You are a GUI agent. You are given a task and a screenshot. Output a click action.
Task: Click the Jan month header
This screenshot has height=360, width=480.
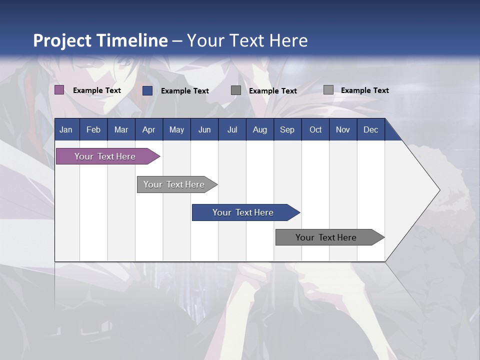pos(66,130)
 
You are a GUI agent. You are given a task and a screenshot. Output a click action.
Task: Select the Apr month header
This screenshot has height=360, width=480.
pos(149,130)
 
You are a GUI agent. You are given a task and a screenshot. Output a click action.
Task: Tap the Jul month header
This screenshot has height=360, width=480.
pos(232,130)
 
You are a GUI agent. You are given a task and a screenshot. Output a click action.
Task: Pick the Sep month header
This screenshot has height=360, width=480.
pos(287,130)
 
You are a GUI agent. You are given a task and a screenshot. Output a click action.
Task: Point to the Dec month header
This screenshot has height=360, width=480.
pos(370,130)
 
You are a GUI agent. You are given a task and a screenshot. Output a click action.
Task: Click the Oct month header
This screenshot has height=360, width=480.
pos(315,130)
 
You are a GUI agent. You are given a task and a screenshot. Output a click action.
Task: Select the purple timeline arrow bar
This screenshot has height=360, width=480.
pos(105,156)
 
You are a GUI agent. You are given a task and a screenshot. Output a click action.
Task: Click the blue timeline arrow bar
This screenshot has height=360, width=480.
pos(243,212)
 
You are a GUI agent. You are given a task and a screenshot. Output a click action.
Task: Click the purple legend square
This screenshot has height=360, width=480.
pos(59,90)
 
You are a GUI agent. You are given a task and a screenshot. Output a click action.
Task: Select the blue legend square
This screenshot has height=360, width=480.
pos(147,90)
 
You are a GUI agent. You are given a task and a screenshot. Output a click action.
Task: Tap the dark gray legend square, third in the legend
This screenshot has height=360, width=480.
pos(236,90)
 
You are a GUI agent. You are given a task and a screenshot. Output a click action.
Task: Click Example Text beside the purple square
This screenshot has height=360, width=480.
pos(97,90)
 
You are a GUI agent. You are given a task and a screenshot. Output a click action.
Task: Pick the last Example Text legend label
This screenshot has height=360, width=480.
pos(365,90)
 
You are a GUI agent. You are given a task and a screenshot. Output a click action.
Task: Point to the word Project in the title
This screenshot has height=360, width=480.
pos(62,40)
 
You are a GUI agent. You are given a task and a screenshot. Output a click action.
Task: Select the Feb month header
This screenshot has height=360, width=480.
pos(93,130)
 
